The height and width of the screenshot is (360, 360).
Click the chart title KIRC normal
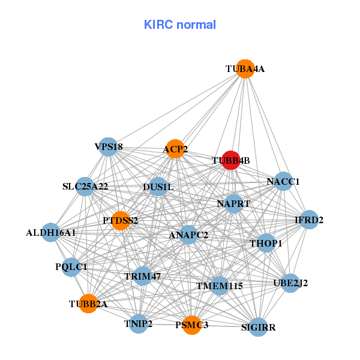tap(180, 25)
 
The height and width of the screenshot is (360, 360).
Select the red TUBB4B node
tap(230, 160)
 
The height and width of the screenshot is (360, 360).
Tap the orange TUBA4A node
tap(245, 69)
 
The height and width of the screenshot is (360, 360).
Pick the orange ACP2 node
tap(175, 149)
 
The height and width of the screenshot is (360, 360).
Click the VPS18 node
tap(108, 146)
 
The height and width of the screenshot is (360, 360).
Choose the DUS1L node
tap(158, 187)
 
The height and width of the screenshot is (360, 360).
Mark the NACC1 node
tap(283, 181)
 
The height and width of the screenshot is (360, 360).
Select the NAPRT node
tap(233, 204)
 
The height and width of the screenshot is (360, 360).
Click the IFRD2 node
tap(309, 220)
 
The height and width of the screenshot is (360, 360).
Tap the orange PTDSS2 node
tap(120, 221)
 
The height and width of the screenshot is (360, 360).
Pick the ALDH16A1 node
tap(50, 232)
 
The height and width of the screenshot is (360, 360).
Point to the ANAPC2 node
tap(188, 235)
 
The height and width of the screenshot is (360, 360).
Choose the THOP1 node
tap(266, 243)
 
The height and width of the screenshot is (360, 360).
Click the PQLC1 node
tap(71, 266)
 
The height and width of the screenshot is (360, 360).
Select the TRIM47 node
tap(143, 276)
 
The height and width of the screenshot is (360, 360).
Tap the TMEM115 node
tap(220, 286)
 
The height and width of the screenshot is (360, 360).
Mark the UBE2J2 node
tap(290, 283)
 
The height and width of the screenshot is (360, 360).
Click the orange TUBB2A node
tap(89, 304)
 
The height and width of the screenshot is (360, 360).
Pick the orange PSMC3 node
tap(192, 325)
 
